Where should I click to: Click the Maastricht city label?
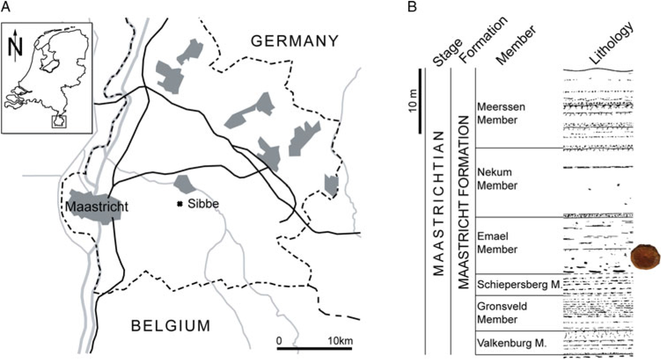click(97, 206)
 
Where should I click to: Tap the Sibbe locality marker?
click(179, 204)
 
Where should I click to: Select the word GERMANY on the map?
click(295, 41)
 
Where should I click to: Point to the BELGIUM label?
click(171, 326)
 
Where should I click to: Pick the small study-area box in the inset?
click(59, 121)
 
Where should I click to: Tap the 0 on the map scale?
click(279, 341)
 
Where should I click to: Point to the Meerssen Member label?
click(494, 114)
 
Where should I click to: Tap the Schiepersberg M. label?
click(519, 284)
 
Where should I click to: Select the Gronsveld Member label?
click(496, 312)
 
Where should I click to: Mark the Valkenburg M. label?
click(512, 342)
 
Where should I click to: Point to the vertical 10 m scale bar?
click(420, 101)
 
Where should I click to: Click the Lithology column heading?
click(612, 44)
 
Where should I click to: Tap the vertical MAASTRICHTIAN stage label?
click(439, 203)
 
